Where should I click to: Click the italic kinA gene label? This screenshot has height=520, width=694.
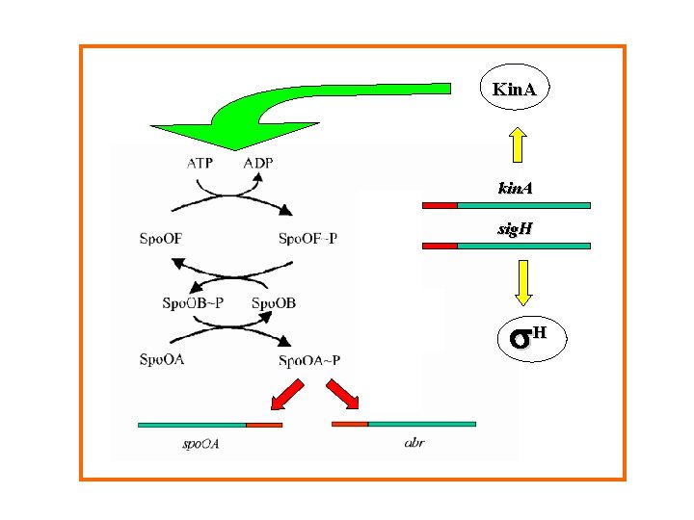point(515,189)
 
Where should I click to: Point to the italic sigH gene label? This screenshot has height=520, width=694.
point(516,230)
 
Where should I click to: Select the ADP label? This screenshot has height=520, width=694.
point(257,163)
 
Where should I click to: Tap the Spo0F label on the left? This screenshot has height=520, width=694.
point(162,238)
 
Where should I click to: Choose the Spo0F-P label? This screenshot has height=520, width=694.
point(307,238)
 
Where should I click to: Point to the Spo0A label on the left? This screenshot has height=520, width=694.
point(161,360)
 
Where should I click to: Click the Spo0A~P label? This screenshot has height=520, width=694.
point(309,361)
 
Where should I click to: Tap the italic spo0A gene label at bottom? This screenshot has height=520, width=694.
point(201,444)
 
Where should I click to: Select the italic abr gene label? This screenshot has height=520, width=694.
point(414,443)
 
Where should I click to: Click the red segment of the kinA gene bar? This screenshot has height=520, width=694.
point(440,205)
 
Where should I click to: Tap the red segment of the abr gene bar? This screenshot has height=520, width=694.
point(350,423)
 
